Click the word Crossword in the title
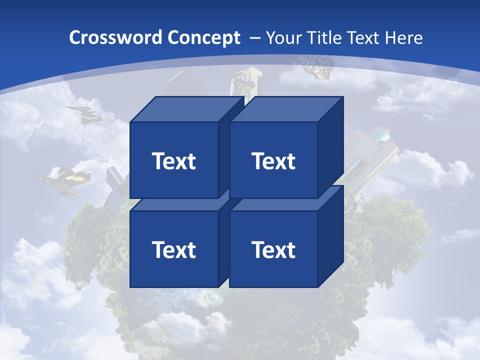(115, 38)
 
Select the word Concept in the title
(203, 38)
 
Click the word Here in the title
(403, 38)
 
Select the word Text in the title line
(363, 38)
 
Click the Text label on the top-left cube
(173, 161)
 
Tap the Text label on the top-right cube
(273, 161)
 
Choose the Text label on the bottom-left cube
(173, 249)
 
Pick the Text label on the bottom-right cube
(273, 249)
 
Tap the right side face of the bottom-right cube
(330, 237)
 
